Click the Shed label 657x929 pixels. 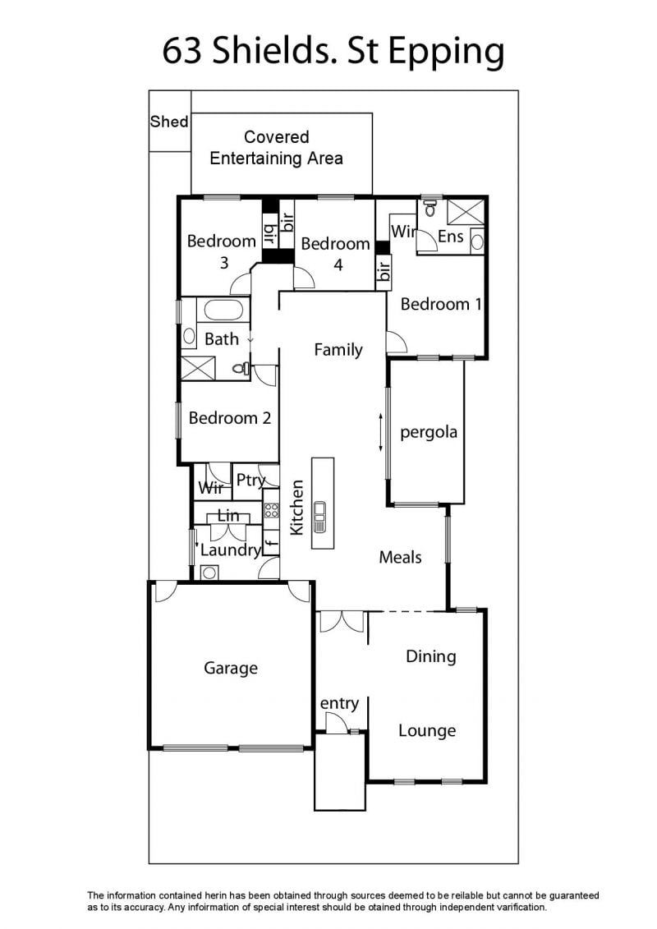point(169,122)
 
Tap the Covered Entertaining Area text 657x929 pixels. point(277,148)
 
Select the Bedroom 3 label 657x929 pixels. point(222,251)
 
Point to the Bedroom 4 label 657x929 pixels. point(336,254)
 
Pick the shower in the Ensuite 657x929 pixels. point(466,213)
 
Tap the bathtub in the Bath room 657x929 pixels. point(223,310)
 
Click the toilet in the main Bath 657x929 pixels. point(241,369)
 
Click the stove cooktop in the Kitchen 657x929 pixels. point(271,510)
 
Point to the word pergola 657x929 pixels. point(429,433)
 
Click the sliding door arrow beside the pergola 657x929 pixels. point(381,433)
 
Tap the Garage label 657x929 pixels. point(231,669)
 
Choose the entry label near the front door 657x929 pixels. point(339,703)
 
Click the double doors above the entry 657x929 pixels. point(342,622)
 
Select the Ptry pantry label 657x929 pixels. point(250,480)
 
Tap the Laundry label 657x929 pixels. point(231,550)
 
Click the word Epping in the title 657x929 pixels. point(446,53)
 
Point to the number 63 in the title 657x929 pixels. point(181,51)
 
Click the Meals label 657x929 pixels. point(401,557)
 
